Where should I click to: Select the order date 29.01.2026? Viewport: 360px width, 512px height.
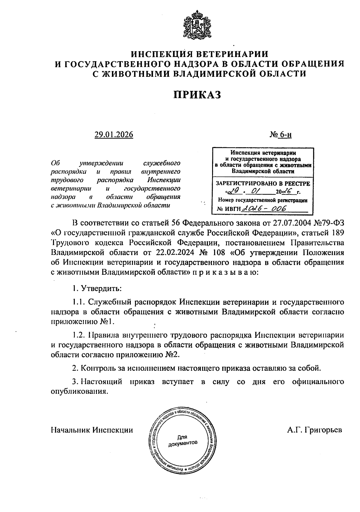[x=114, y=135]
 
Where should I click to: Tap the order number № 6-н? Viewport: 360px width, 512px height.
[x=280, y=135]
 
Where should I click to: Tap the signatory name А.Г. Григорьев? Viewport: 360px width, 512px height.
[x=314, y=430]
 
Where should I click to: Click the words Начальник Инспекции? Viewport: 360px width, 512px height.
[x=92, y=430]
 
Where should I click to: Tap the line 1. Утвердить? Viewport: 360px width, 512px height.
[x=97, y=289]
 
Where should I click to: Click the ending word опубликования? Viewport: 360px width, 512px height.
[x=79, y=392]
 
